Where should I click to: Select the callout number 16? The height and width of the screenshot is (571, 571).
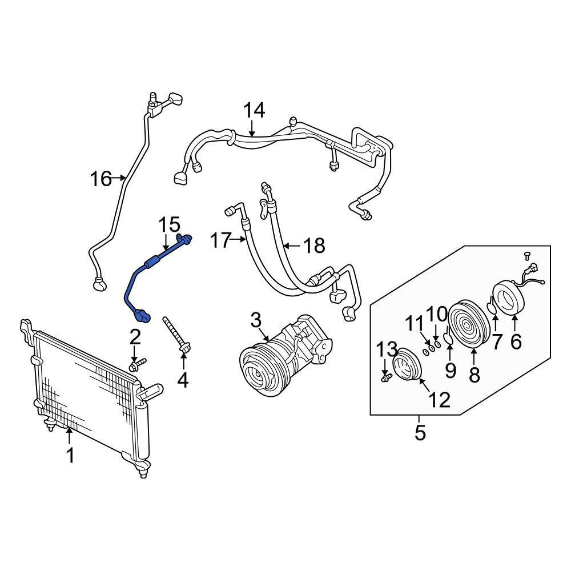(x=101, y=179)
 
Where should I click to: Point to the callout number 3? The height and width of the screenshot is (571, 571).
(x=256, y=320)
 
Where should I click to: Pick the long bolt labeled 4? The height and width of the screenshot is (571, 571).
(x=177, y=334)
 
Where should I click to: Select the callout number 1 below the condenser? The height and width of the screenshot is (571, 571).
(x=70, y=455)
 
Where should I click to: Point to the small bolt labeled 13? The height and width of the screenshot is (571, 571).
(x=386, y=377)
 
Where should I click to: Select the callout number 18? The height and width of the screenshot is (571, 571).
(x=314, y=246)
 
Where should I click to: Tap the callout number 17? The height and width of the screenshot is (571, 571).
(x=220, y=241)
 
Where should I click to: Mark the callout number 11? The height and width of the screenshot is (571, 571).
(x=415, y=323)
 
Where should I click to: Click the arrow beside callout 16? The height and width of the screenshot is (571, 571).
(x=119, y=178)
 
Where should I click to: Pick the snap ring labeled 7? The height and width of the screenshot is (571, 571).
(x=492, y=305)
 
